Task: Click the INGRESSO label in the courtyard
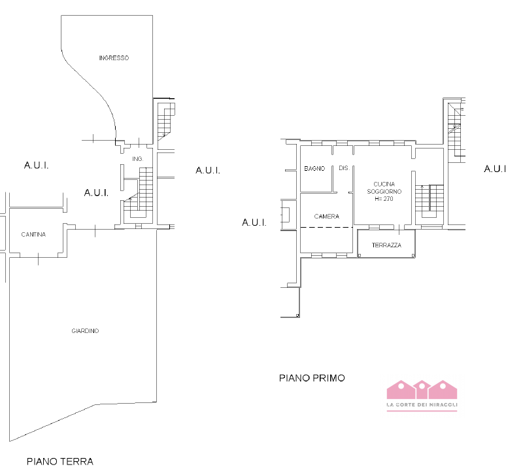coord(114,58)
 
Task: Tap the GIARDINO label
coord(85,331)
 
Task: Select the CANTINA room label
coord(33,234)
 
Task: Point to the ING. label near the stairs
coord(137,159)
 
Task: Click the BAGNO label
coord(314,169)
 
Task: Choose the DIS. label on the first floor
coord(345,168)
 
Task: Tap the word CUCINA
coord(384,184)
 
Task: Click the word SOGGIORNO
coord(384,192)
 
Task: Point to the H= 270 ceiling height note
coord(384,199)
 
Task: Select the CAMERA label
coord(327,217)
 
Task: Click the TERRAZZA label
coord(386,245)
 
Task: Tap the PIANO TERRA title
coord(60,461)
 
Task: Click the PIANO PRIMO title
coord(312,378)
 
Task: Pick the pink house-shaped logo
coord(422,389)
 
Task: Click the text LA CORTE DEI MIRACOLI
coord(422,404)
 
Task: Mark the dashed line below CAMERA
coord(327,227)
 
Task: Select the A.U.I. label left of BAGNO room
coord(254,222)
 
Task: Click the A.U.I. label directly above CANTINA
coord(36,166)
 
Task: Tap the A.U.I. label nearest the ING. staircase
coord(96,193)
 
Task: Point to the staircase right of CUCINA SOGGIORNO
coord(430,201)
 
